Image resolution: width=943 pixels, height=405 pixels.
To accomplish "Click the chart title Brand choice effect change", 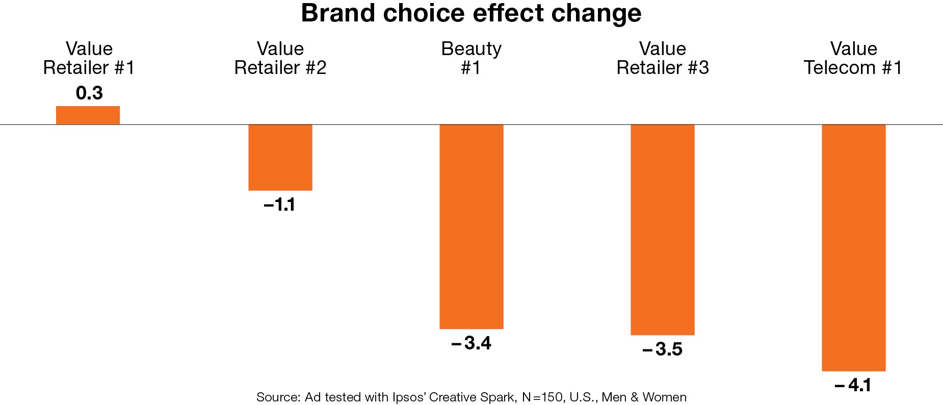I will click(471, 13).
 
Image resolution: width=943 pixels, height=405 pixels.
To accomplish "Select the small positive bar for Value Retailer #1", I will click(88, 115).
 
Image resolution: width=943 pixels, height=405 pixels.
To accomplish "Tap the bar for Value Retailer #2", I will click(280, 157).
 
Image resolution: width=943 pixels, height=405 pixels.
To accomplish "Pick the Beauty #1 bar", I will click(471, 226).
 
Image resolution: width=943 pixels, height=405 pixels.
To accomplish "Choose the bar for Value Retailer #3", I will click(662, 230).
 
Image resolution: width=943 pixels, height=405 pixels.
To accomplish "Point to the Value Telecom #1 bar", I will click(853, 247).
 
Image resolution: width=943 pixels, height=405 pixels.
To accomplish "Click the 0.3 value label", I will click(89, 93).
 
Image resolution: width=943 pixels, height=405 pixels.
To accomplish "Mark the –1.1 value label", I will click(279, 205).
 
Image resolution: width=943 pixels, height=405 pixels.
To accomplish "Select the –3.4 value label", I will click(471, 343).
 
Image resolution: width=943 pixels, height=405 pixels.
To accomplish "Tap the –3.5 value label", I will click(662, 349).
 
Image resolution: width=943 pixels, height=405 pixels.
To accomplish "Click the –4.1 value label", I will click(853, 385).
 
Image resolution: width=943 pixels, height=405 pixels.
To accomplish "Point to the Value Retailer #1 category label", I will click(89, 58).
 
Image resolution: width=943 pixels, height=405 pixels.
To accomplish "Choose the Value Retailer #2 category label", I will click(280, 58).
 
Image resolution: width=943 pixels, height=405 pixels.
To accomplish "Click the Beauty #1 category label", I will click(471, 58).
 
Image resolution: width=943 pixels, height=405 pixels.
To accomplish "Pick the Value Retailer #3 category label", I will click(662, 58).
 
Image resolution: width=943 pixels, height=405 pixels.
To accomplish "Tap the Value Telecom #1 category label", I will click(853, 58).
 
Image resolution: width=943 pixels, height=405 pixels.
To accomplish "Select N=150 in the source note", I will click(543, 397).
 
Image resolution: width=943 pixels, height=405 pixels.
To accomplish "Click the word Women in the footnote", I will click(664, 397).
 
